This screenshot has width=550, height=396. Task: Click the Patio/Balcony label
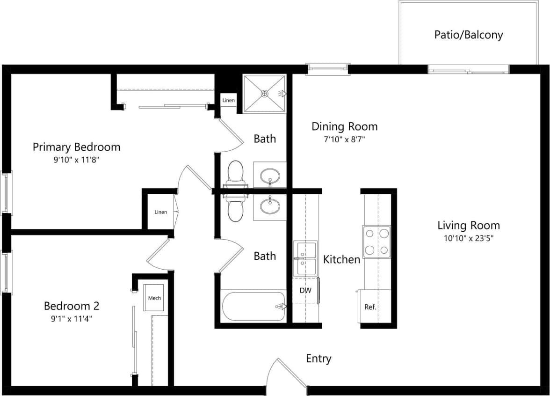[x=468, y=35]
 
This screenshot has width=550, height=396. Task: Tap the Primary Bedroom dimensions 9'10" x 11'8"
[x=76, y=160]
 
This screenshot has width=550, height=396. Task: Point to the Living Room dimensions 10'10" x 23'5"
[x=469, y=238]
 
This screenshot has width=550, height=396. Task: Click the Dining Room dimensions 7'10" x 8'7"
[x=344, y=139]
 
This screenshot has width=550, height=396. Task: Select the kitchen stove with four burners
[x=376, y=242]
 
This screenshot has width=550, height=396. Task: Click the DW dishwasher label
[x=305, y=290]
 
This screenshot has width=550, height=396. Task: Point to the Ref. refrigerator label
[x=370, y=307]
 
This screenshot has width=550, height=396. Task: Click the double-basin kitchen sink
[x=305, y=259]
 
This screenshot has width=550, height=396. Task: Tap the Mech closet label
[x=154, y=298]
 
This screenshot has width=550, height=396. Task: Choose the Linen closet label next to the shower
[x=229, y=100]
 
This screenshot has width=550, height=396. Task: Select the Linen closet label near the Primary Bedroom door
[x=160, y=212]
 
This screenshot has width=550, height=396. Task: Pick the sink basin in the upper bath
[x=270, y=176]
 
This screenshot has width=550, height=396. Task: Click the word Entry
[x=318, y=359]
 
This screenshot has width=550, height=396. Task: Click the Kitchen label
[x=341, y=259]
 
